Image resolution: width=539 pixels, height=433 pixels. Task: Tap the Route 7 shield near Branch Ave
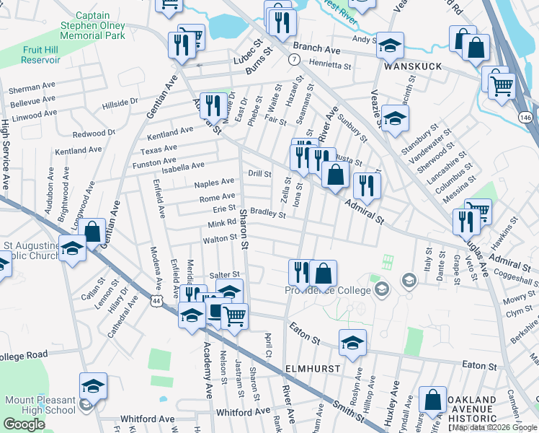pos(294,58)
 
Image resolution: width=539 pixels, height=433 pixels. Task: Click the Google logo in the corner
pos(24,424)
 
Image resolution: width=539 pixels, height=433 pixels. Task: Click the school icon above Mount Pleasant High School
pos(93,386)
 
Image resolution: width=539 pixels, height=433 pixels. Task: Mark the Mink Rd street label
pos(223,223)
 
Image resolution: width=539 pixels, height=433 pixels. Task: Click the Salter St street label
pos(223,276)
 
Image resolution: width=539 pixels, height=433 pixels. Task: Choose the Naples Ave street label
pos(215,183)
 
